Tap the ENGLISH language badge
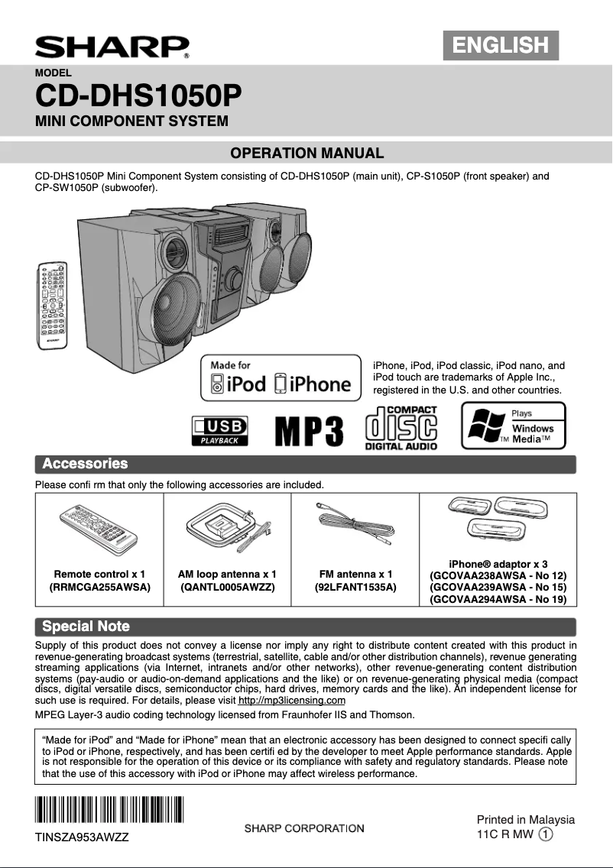point(501,45)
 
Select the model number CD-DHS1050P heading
point(138,97)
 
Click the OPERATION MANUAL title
point(306,153)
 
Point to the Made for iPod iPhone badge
point(281,377)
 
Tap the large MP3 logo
point(309,432)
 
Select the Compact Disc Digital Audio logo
point(401,428)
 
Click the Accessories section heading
point(85,464)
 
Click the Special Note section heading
point(86,627)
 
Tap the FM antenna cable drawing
point(355,525)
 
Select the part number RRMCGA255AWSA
point(99,588)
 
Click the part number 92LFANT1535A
point(355,588)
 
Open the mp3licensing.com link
point(292,701)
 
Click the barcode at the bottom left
point(109,811)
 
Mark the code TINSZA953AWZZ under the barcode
point(82,837)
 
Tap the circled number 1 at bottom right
point(546,834)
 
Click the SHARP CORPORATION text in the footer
point(304,828)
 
